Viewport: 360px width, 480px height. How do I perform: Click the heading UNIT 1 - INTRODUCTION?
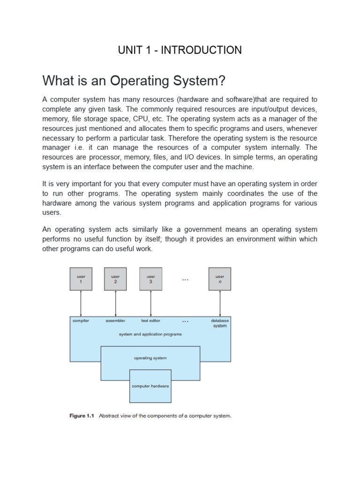click(x=180, y=50)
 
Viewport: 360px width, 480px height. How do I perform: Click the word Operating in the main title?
click(x=140, y=81)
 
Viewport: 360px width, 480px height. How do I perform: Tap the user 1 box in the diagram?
click(x=81, y=279)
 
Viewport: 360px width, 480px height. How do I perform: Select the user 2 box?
click(x=115, y=279)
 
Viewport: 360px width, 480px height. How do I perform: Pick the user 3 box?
click(x=150, y=279)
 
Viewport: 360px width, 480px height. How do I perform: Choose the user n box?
click(x=219, y=279)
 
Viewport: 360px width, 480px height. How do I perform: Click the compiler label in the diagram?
click(x=81, y=321)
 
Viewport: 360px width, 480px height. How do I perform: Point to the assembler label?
click(x=115, y=321)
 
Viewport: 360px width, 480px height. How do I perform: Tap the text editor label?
click(x=150, y=321)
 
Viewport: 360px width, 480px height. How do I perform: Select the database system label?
click(x=219, y=323)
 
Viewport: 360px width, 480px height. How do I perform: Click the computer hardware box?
click(x=150, y=386)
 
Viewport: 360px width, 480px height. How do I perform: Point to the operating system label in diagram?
click(x=150, y=358)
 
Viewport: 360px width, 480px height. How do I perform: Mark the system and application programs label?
click(x=150, y=334)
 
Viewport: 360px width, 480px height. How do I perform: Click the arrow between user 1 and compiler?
click(x=81, y=303)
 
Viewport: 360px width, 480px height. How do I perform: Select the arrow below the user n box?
click(x=219, y=303)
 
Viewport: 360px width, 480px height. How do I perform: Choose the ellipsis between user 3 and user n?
click(x=185, y=280)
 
